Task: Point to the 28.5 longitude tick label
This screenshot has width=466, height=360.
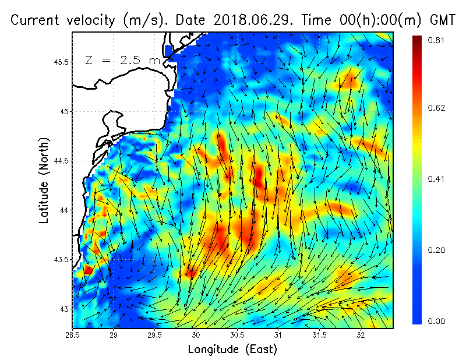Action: (x=73, y=335)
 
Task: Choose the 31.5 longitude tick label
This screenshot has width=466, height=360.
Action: (x=319, y=335)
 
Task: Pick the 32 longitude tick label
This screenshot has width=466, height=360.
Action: (x=361, y=335)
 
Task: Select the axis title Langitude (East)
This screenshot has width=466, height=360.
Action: (x=232, y=349)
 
